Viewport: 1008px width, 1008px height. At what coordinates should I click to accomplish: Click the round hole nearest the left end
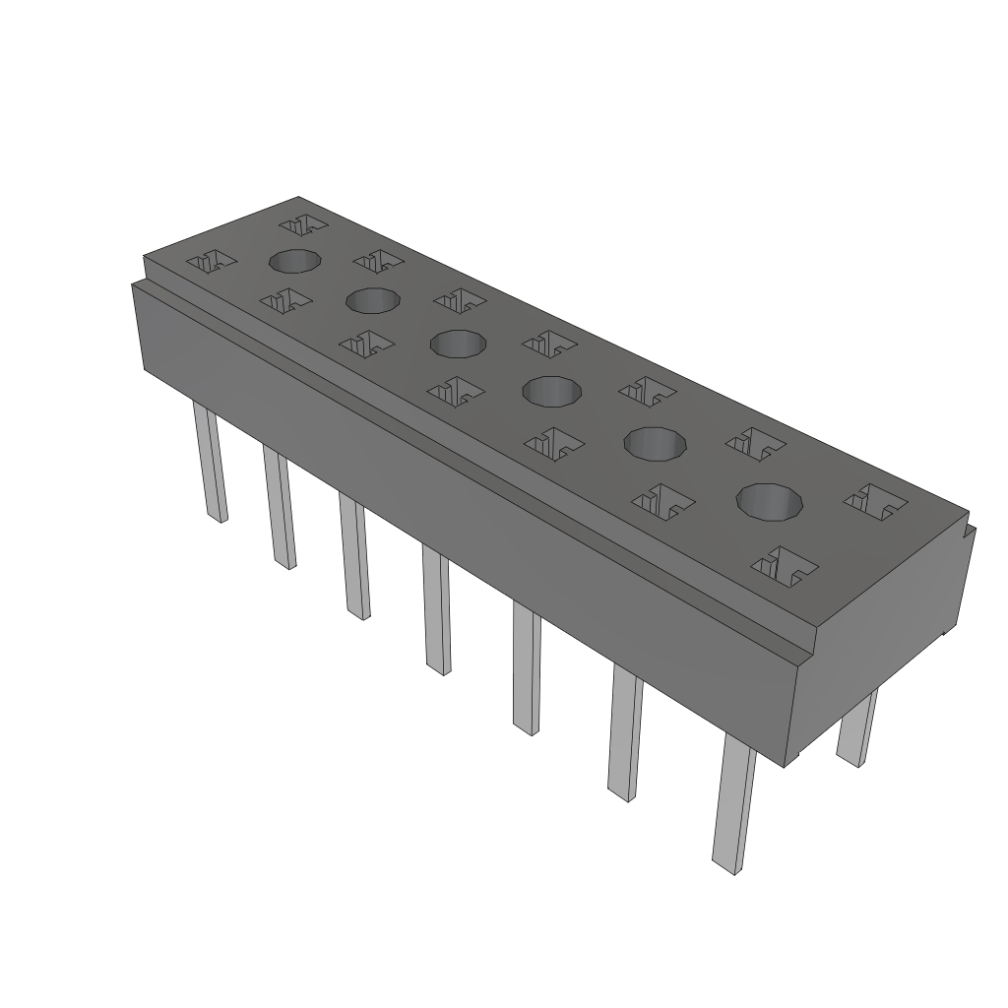tap(294, 261)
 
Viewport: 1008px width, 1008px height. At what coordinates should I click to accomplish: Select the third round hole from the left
tap(458, 345)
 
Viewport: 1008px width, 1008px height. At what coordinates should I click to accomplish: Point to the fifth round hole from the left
tap(655, 444)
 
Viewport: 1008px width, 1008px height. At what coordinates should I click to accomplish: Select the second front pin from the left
tap(280, 508)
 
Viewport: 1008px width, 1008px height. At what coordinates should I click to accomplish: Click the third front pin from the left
tap(354, 557)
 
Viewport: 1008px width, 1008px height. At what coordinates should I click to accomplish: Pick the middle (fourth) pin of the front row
tap(437, 611)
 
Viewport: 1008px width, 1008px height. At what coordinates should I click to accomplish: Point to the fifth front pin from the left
tap(527, 670)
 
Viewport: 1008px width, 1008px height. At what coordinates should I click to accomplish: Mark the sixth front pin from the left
tap(624, 733)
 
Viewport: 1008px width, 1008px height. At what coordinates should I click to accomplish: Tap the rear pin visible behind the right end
tap(855, 727)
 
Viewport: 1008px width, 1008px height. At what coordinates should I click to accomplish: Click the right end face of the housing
tap(886, 640)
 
